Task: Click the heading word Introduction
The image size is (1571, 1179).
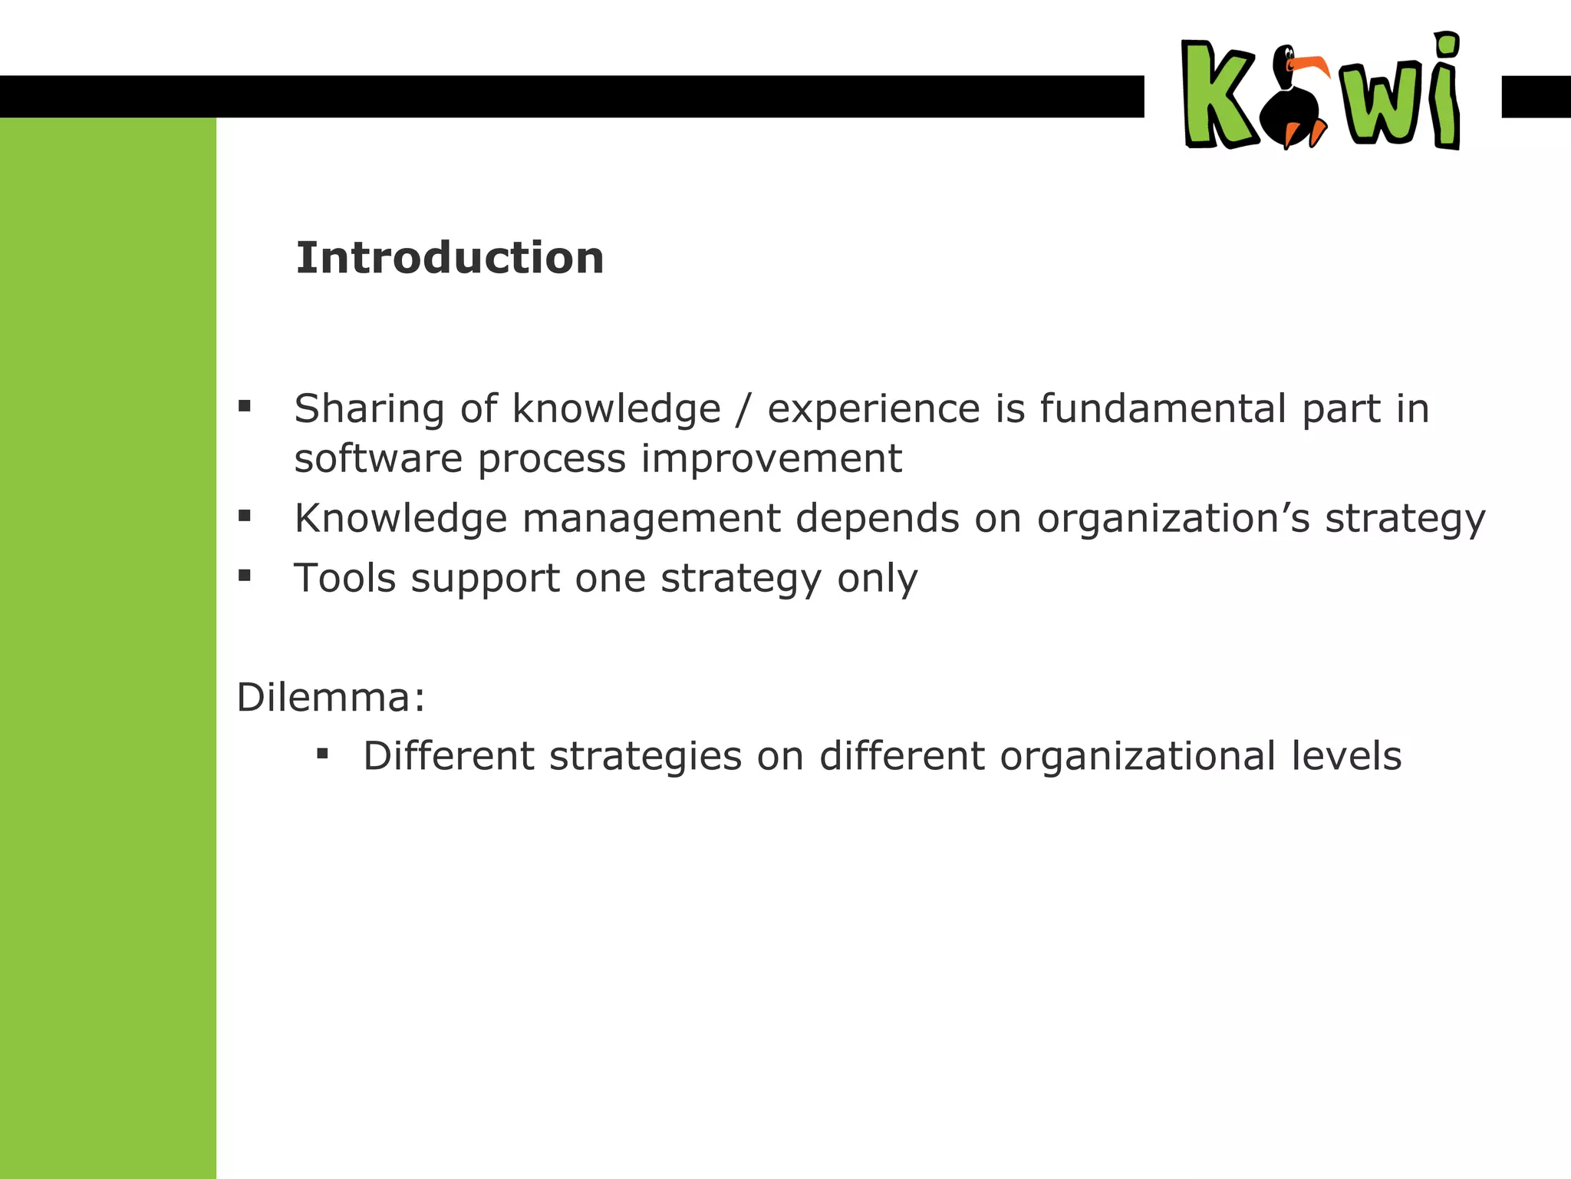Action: (450, 258)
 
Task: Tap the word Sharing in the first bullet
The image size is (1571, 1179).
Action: (369, 409)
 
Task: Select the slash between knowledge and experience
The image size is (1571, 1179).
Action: (743, 409)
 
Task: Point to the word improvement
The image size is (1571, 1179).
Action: (771, 459)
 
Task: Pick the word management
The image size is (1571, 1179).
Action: (651, 518)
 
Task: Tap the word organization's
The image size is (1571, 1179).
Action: (1174, 520)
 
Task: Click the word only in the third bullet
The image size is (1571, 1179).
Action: (877, 579)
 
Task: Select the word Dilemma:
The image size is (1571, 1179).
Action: (331, 698)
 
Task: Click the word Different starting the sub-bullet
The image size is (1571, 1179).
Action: (449, 756)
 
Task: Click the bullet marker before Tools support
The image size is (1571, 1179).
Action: (245, 575)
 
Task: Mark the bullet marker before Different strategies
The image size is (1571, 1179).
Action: (322, 754)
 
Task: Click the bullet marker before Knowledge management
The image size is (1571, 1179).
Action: (245, 516)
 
